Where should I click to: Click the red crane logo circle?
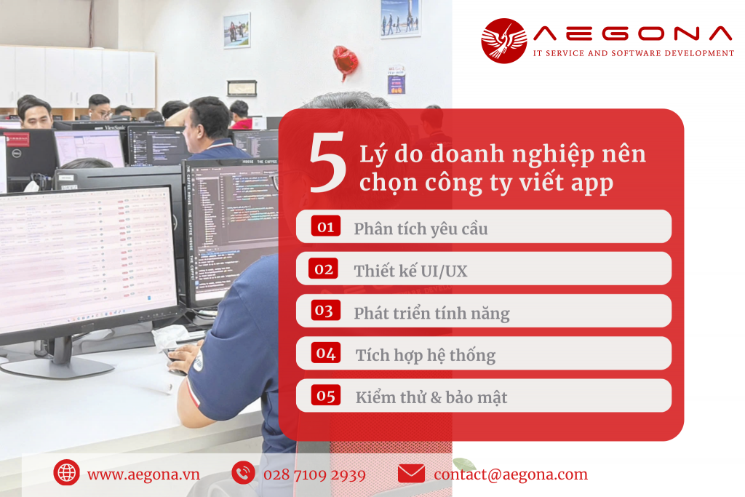504,41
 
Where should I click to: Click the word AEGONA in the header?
633,33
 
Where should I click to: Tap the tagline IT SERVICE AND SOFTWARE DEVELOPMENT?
634,53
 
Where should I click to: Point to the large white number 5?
328,162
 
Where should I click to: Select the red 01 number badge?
326,226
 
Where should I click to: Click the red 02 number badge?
324,269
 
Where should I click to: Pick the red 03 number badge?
326,310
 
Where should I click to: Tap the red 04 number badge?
326,352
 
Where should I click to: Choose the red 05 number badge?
326,395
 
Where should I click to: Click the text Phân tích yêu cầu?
421,228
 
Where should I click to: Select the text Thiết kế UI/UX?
410,271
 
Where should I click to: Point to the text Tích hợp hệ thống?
426,355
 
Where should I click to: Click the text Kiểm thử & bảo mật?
431,397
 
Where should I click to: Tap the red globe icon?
66,473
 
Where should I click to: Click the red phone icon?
243,473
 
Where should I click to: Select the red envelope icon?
412,473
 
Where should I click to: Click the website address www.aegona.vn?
143,474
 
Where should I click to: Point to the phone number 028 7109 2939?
314,474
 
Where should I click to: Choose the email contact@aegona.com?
511,474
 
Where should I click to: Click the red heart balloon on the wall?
346,62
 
